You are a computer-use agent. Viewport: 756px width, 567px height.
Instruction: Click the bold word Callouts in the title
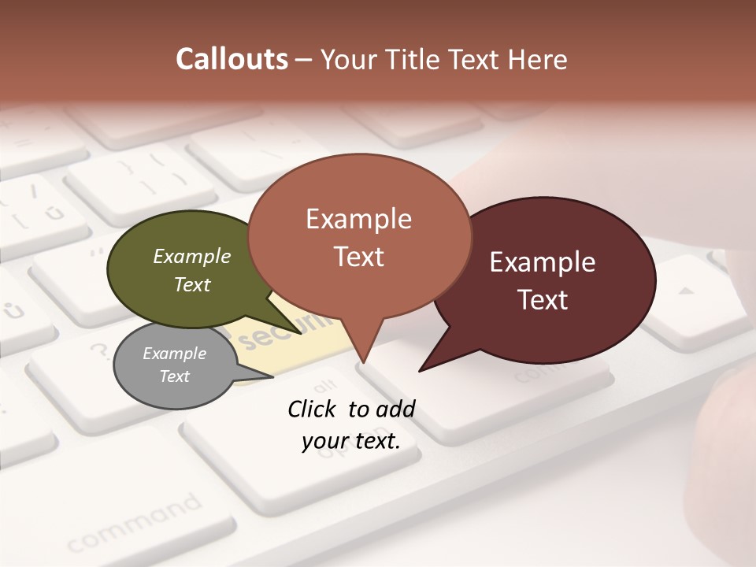232,59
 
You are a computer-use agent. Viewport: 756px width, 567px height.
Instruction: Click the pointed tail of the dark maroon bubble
429,365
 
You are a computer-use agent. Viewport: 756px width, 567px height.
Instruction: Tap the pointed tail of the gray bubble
264,376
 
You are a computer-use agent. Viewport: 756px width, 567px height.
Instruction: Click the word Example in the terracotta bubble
358,219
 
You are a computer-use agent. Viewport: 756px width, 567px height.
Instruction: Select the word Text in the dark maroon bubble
543,300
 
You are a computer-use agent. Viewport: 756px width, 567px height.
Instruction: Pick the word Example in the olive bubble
192,257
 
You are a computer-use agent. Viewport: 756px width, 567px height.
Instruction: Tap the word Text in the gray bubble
175,376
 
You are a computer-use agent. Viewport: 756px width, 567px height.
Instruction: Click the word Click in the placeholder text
313,409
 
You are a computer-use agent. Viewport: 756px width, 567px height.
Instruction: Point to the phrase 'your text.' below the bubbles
351,442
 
